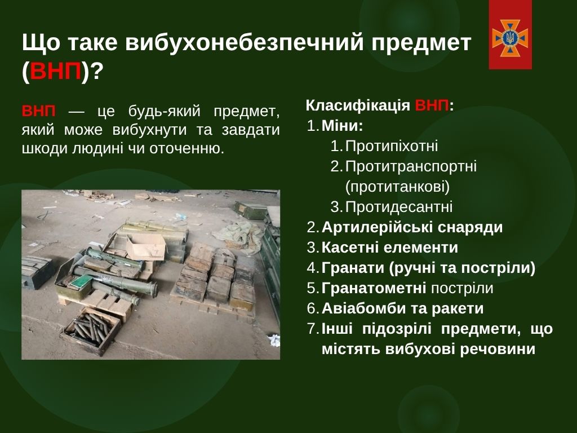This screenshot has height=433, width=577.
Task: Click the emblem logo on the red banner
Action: [510, 38]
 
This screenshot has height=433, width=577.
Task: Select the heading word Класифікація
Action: [358, 105]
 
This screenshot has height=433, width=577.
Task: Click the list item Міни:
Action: [342, 126]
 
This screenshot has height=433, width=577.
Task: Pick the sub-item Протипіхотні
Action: [392, 146]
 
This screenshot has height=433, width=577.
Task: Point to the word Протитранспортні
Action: [411, 166]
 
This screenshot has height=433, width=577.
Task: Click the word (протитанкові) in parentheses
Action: [397, 187]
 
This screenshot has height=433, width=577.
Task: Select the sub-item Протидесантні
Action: [399, 207]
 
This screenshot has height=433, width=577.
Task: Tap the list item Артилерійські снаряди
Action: [412, 227]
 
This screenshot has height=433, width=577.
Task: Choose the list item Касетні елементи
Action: [390, 248]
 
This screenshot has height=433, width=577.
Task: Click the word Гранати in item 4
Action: [353, 268]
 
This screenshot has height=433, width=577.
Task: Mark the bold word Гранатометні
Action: [374, 288]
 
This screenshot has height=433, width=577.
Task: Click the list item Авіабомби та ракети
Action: [402, 308]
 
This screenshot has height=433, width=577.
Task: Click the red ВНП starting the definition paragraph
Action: [39, 111]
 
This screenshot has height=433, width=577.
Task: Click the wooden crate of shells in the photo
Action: [91, 331]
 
